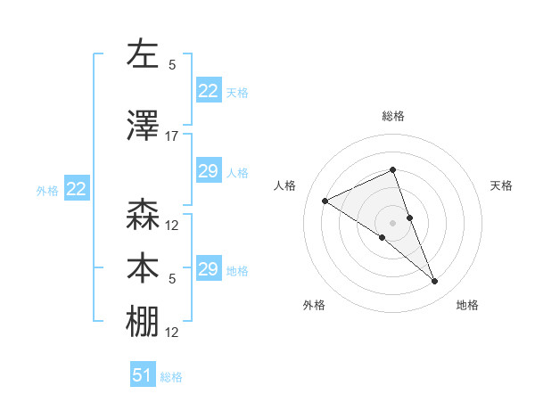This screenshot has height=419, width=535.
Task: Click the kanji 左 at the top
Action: [143, 53]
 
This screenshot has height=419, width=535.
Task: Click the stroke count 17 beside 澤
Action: [172, 136]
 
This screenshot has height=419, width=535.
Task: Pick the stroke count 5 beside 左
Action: [172, 65]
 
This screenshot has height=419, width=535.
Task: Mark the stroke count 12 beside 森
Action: [172, 226]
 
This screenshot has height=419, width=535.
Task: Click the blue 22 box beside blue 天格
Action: [208, 91]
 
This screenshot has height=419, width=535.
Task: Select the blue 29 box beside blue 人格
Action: [208, 171]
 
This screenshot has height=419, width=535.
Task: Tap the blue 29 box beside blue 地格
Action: [208, 269]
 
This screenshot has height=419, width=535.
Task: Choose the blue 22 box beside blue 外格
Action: [76, 189]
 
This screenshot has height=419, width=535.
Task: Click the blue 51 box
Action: [143, 375]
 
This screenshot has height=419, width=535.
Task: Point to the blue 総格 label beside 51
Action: [171, 377]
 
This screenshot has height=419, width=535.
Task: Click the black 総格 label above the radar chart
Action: [393, 117]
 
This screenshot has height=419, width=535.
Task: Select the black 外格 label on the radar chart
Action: [314, 306]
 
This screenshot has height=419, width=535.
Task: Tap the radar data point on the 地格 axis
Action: [435, 282]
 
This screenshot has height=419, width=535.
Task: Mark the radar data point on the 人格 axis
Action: [325, 201]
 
